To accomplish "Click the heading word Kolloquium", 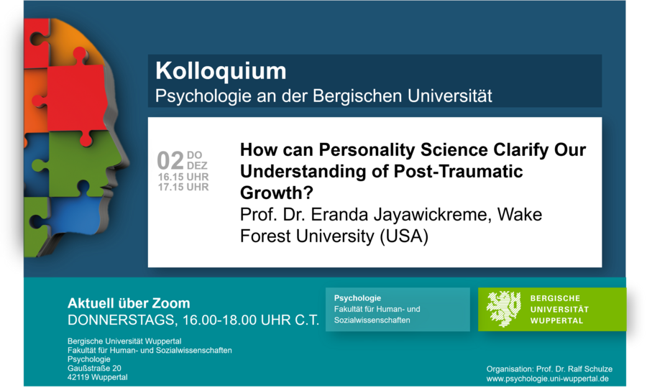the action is point(221,71).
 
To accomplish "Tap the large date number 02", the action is point(170,160).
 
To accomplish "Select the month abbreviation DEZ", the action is point(197,166).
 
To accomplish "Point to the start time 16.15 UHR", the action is point(183,177).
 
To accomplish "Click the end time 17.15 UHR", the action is point(183,188).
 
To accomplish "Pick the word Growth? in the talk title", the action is point(277,193).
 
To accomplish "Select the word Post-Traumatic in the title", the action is point(458,171).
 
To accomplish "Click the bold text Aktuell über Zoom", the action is point(129,303).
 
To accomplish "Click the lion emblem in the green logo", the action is point(503,308).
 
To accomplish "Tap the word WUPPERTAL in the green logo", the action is point(556,320).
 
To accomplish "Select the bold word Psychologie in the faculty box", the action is point(357,298).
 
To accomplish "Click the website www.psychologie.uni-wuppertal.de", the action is point(547,379).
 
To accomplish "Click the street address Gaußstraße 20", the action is point(94,368).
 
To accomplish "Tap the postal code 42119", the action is point(78,377).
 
